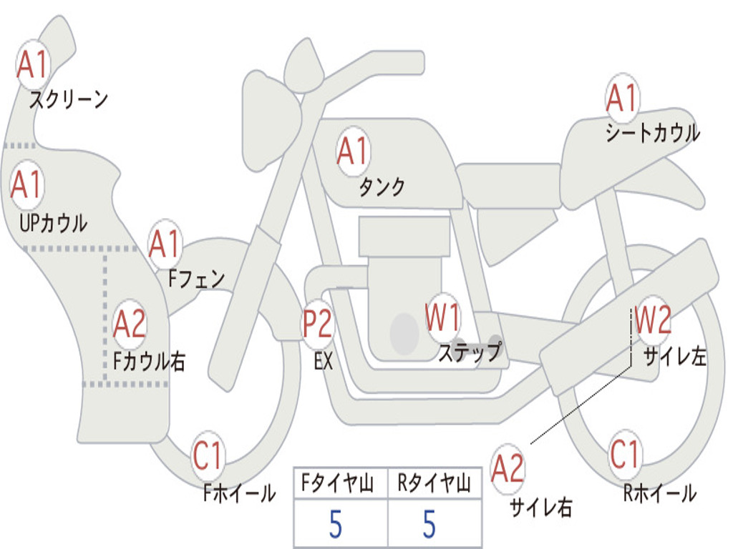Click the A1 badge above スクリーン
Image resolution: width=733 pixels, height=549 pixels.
[33, 64]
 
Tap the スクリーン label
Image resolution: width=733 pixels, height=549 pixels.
[69, 99]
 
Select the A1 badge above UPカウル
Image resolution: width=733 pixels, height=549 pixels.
[27, 185]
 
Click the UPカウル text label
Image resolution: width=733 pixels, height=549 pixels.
[53, 223]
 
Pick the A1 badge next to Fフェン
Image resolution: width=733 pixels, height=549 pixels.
[165, 244]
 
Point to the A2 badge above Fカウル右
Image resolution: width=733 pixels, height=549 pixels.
[130, 324]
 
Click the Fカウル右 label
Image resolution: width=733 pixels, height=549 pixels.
[149, 361]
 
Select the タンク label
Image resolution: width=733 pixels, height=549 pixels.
[382, 187]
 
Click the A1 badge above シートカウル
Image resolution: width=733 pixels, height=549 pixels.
[623, 98]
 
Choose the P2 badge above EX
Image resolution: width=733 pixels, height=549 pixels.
[318, 324]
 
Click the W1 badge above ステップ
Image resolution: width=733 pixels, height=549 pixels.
[442, 317]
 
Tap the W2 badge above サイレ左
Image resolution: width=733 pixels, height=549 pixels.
[653, 320]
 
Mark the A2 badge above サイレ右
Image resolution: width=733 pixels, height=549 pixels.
[508, 468]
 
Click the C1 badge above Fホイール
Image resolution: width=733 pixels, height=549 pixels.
[207, 455]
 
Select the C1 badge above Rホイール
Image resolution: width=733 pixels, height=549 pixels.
[624, 454]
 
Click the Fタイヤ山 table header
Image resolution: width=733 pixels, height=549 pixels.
[337, 483]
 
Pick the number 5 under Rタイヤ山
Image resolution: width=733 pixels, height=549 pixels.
[429, 524]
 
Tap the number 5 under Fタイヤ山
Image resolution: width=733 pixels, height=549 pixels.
[336, 524]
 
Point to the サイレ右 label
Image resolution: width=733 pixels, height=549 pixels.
[541, 507]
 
